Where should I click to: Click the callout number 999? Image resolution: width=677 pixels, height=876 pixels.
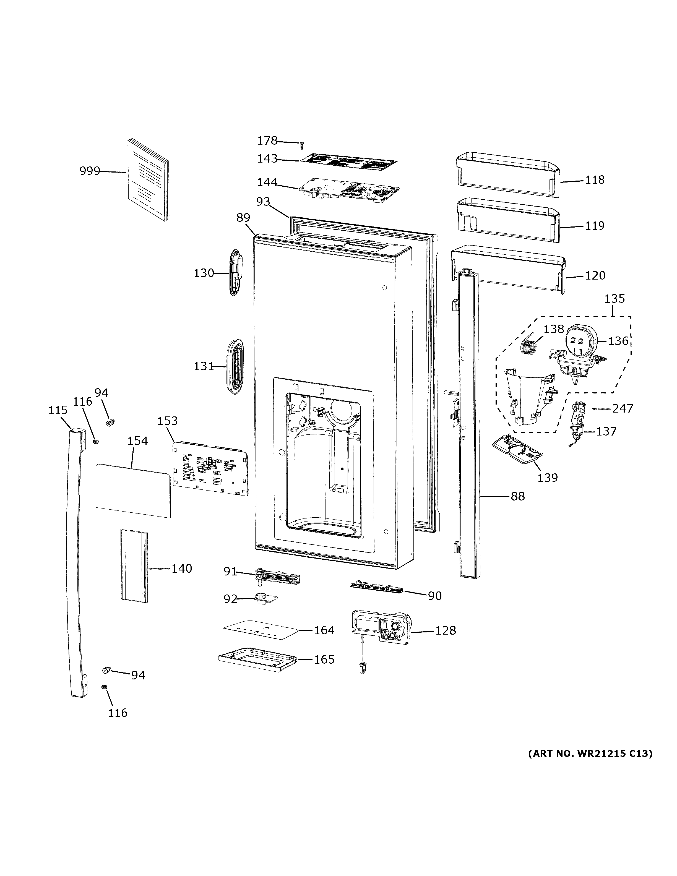(89, 171)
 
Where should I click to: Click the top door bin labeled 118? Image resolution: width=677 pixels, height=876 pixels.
(507, 175)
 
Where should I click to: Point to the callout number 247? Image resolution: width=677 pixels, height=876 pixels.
(623, 408)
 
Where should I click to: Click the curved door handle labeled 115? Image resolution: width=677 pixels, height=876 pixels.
(75, 562)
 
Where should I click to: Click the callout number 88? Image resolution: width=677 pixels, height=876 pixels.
(517, 497)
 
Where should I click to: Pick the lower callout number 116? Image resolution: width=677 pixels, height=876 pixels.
(118, 713)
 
